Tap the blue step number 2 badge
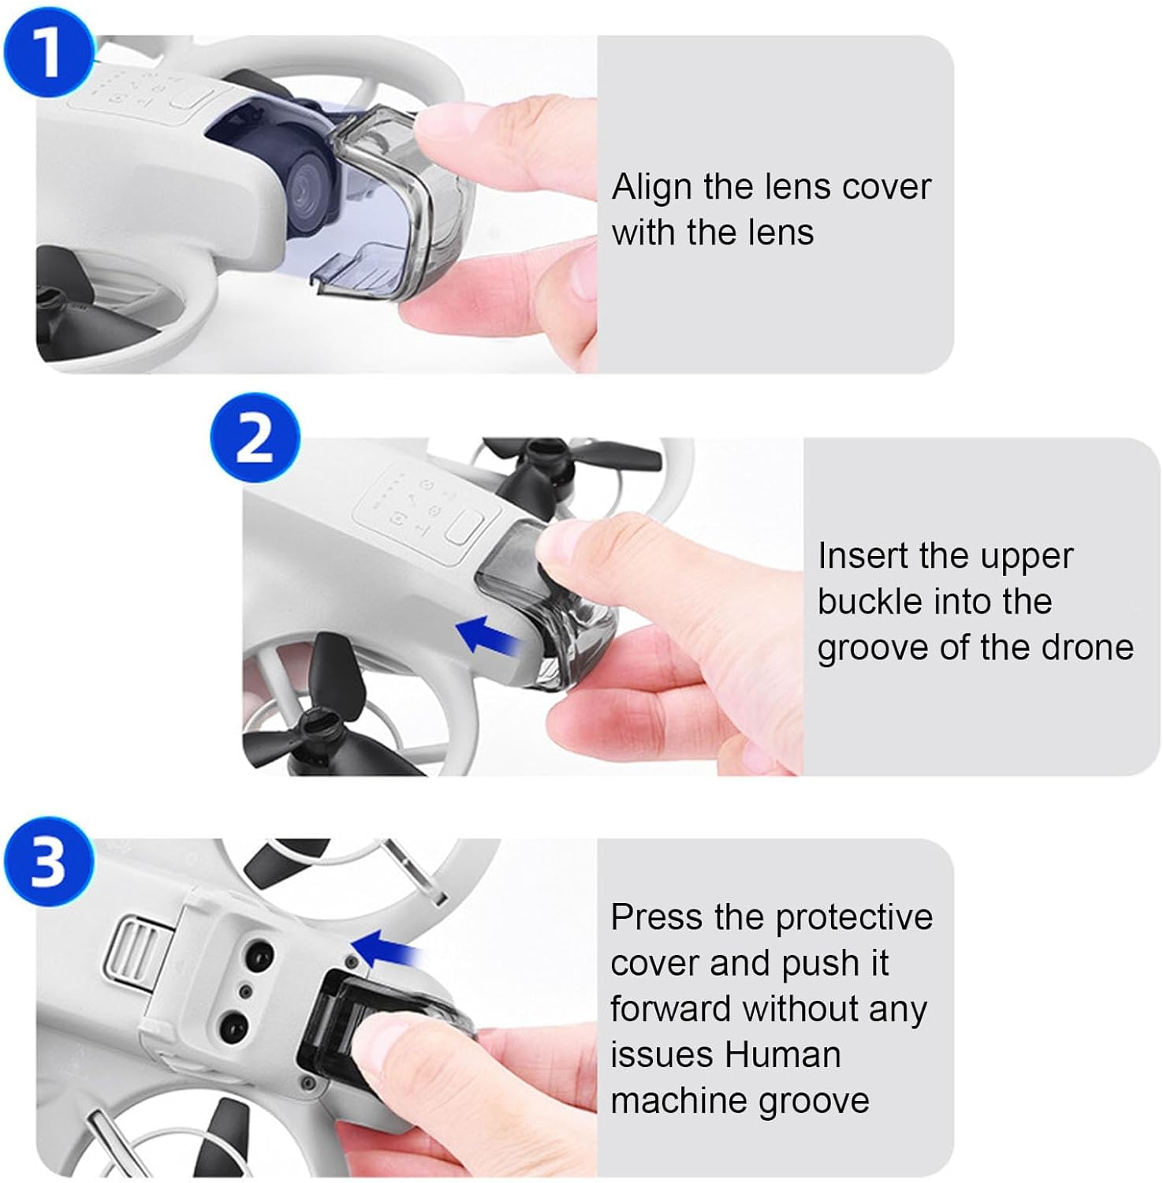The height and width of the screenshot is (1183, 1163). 255,438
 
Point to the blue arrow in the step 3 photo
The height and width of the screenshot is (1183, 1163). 384,947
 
